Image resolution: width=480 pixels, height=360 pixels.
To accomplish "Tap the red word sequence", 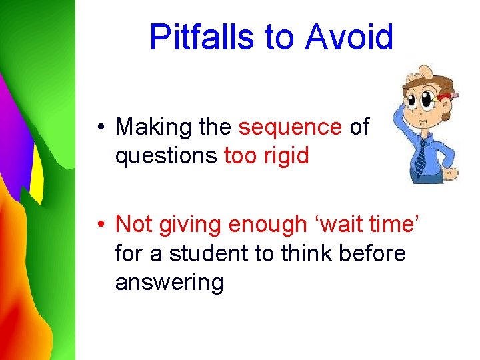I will coord(290,127).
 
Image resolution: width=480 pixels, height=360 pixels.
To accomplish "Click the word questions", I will coord(166,156).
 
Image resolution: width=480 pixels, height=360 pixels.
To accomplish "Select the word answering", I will coord(169,283).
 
